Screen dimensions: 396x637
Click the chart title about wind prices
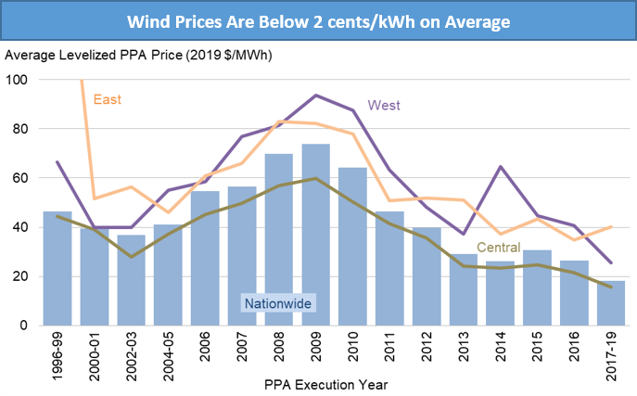pyautogui.click(x=318, y=19)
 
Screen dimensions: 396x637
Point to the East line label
pyautogui.click(x=108, y=99)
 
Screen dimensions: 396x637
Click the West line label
pyautogui.click(x=384, y=105)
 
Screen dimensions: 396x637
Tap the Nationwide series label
pyautogui.click(x=278, y=302)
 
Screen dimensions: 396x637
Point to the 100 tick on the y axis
pyautogui.click(x=18, y=80)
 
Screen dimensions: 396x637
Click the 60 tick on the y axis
pyautogui.click(x=20, y=178)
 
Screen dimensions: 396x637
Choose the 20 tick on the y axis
pyautogui.click(x=20, y=276)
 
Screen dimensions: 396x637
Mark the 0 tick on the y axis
pyautogui.click(x=24, y=326)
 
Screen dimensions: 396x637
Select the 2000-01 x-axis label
pyautogui.click(x=95, y=355)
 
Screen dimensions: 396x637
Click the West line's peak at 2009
pyautogui.click(x=316, y=96)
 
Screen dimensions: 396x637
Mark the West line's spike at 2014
pyautogui.click(x=502, y=167)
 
